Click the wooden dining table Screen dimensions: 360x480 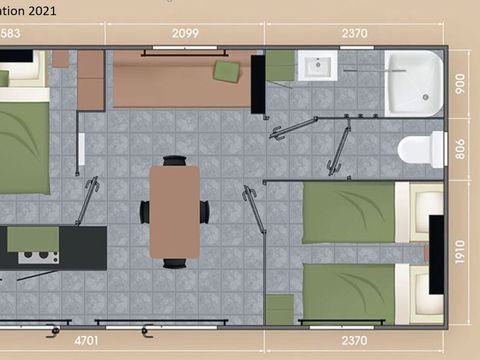[175, 210]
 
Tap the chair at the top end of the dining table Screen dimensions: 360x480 [175, 160]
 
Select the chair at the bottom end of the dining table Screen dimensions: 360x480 [175, 262]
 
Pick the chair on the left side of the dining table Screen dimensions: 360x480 [145, 211]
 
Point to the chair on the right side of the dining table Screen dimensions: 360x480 [205, 211]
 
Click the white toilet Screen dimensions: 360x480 [421, 150]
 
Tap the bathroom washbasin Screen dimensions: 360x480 [318, 69]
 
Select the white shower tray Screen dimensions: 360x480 [415, 81]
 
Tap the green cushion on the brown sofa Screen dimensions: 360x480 [228, 70]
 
